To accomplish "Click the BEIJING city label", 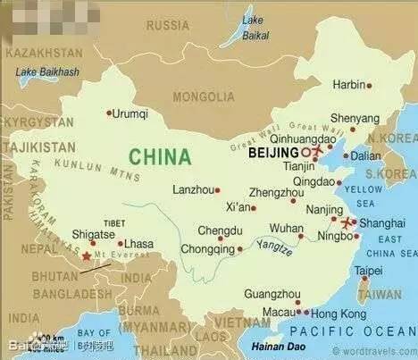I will [272, 153].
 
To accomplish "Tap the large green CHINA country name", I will [160, 156].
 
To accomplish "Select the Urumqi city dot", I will [109, 113].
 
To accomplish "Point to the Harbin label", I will [349, 85].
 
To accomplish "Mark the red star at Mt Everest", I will [87, 256].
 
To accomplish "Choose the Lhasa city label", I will [138, 243].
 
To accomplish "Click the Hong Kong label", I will [339, 314].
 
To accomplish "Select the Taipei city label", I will [368, 271].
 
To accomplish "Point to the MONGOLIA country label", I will [204, 96].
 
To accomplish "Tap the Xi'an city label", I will [239, 207].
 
